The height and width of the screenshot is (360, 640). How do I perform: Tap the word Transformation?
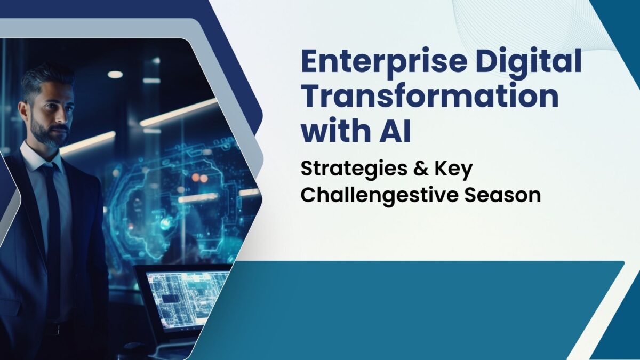(x=430, y=97)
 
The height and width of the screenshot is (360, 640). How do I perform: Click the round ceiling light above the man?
(x=115, y=74)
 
